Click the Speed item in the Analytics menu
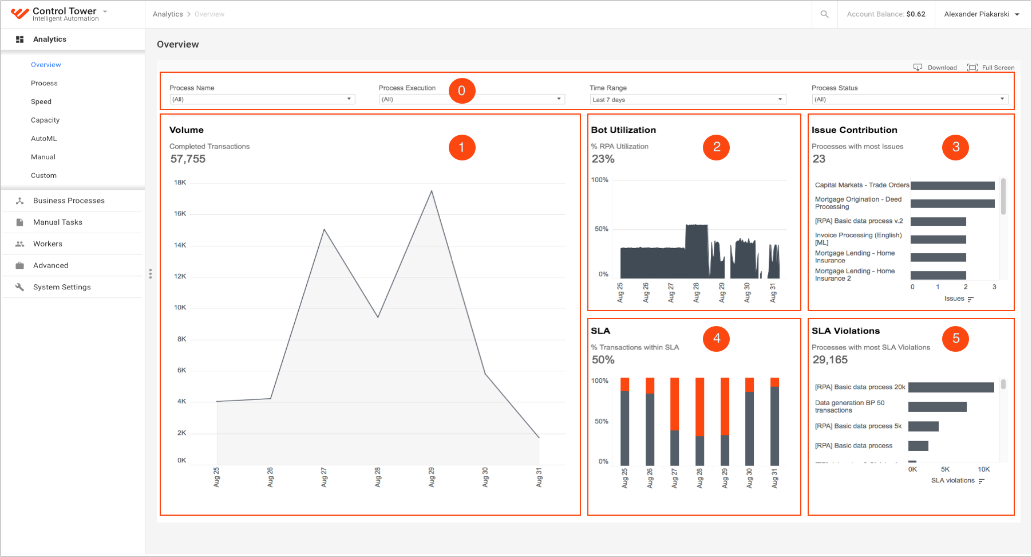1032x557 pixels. tap(41, 101)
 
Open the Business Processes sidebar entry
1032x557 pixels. tap(69, 201)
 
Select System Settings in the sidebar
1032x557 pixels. tap(62, 287)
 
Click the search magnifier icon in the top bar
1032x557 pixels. tap(824, 14)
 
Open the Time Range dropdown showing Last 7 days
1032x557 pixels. tap(687, 100)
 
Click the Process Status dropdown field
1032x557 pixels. tap(910, 99)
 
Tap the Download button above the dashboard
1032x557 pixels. tap(935, 68)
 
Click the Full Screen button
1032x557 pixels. tap(991, 68)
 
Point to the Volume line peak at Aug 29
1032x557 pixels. tap(432, 191)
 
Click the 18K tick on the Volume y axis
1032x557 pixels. tap(180, 183)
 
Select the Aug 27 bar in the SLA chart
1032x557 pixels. tap(675, 422)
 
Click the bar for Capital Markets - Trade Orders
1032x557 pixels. tap(952, 186)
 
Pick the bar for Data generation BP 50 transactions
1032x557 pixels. tap(938, 407)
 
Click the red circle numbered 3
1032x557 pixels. tap(955, 147)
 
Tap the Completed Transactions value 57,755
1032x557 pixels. tap(188, 159)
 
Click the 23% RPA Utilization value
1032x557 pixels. tap(603, 159)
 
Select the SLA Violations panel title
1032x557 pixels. tap(845, 331)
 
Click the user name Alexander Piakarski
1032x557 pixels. tap(976, 14)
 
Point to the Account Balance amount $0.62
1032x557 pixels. tap(916, 14)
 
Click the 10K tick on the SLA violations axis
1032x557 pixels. tap(983, 469)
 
